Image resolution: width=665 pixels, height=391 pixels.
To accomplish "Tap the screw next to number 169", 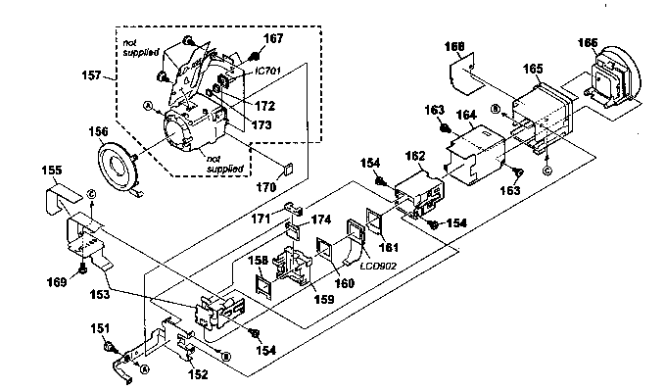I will [x=86, y=265].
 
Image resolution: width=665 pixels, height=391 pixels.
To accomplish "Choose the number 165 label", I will [x=533, y=70].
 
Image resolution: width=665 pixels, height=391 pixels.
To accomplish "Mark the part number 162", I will [x=414, y=156].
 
